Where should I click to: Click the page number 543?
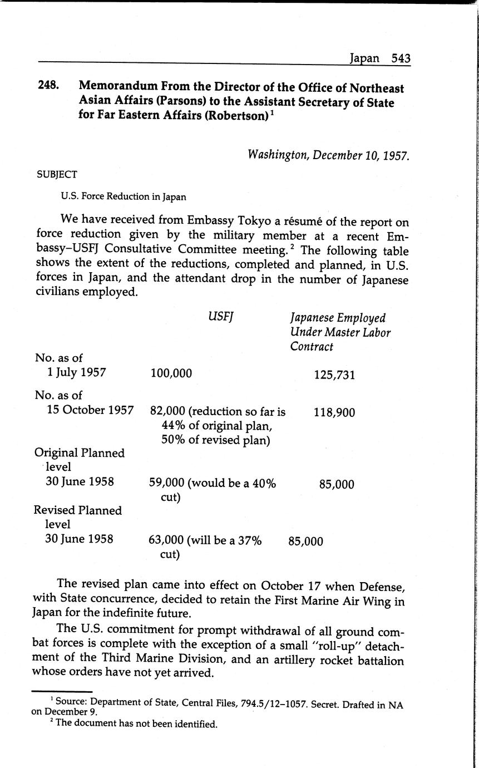[x=401, y=58]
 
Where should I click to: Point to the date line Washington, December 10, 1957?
[x=328, y=154]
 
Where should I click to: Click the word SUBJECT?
[x=57, y=174]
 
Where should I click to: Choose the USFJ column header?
[x=220, y=317]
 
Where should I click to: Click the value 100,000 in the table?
[x=171, y=373]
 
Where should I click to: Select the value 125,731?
[x=334, y=375]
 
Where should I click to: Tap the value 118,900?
[x=334, y=412]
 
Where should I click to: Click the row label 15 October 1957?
[x=90, y=410]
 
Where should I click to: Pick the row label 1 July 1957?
[x=77, y=372]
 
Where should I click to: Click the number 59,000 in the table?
[x=166, y=483]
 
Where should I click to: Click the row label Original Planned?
[x=80, y=453]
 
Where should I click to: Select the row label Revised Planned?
[x=77, y=510]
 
